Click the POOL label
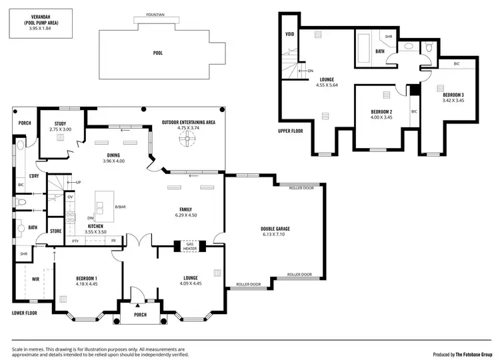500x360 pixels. coord(157,53)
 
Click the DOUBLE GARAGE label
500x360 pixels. coord(275,229)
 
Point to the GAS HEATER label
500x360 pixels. coord(190,246)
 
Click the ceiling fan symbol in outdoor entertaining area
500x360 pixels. coord(188,139)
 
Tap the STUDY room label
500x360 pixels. coord(60,123)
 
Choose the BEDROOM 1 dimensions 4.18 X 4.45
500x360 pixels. coord(87,283)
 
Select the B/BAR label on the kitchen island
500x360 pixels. coord(120,207)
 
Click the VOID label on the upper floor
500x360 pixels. coord(289,33)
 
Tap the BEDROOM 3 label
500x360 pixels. coord(453,95)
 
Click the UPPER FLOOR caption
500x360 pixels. coord(290,131)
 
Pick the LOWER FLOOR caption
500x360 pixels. coord(24,312)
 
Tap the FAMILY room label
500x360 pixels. coord(185,209)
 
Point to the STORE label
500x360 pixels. coord(55,232)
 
